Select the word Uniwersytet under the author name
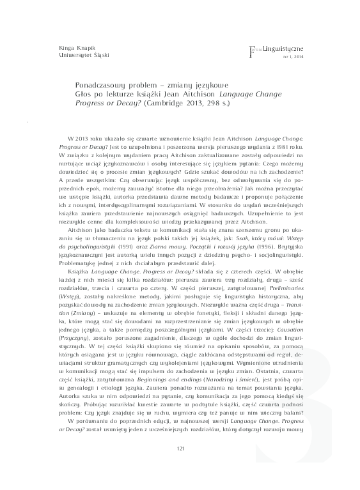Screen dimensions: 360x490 pyautogui.click(x=58, y=55)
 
